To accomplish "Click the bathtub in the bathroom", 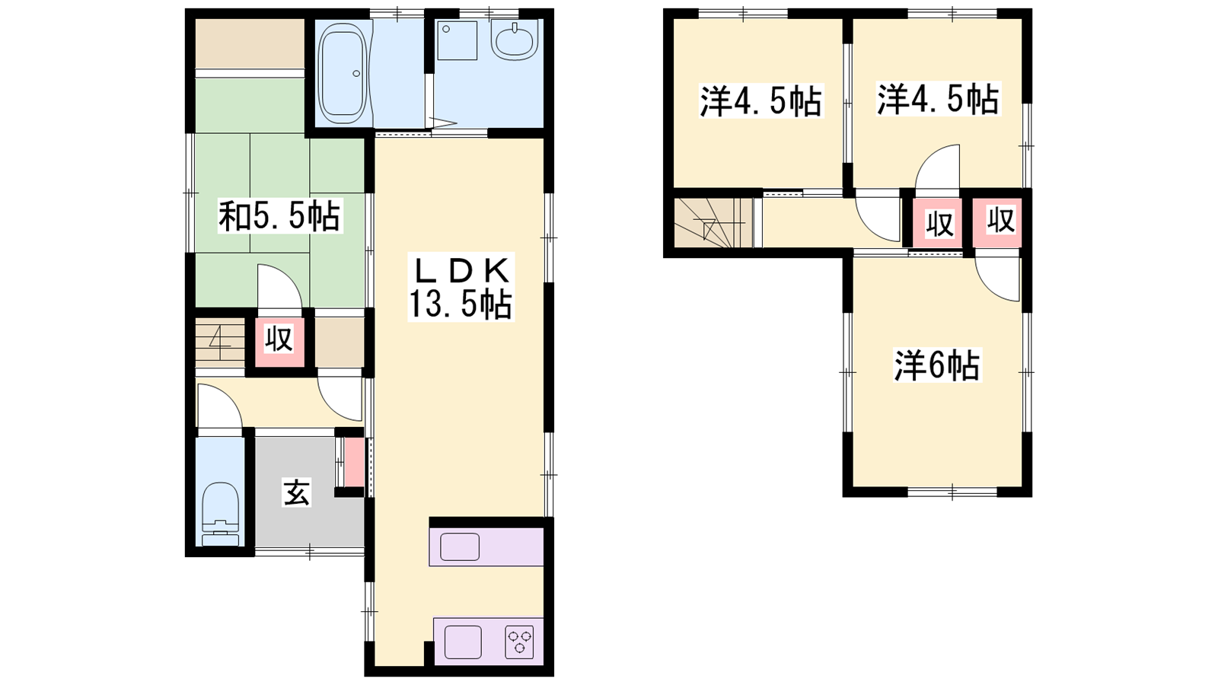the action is (342, 73).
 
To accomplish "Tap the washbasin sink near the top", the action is (515, 40).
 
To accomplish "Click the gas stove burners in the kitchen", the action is (519, 642).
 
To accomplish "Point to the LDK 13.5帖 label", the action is (461, 287).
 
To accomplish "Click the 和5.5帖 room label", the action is (280, 216).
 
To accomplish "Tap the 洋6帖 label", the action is (937, 365).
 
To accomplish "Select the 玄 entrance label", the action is (297, 493).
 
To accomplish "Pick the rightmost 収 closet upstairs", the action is (1000, 221).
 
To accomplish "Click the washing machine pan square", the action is (458, 40).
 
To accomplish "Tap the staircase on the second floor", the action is (713, 223).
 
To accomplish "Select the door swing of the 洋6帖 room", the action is (996, 277).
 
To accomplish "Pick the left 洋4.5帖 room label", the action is (760, 101).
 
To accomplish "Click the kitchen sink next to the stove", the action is (463, 642).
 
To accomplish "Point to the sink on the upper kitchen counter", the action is (460, 546).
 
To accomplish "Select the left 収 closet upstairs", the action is (939, 224).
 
